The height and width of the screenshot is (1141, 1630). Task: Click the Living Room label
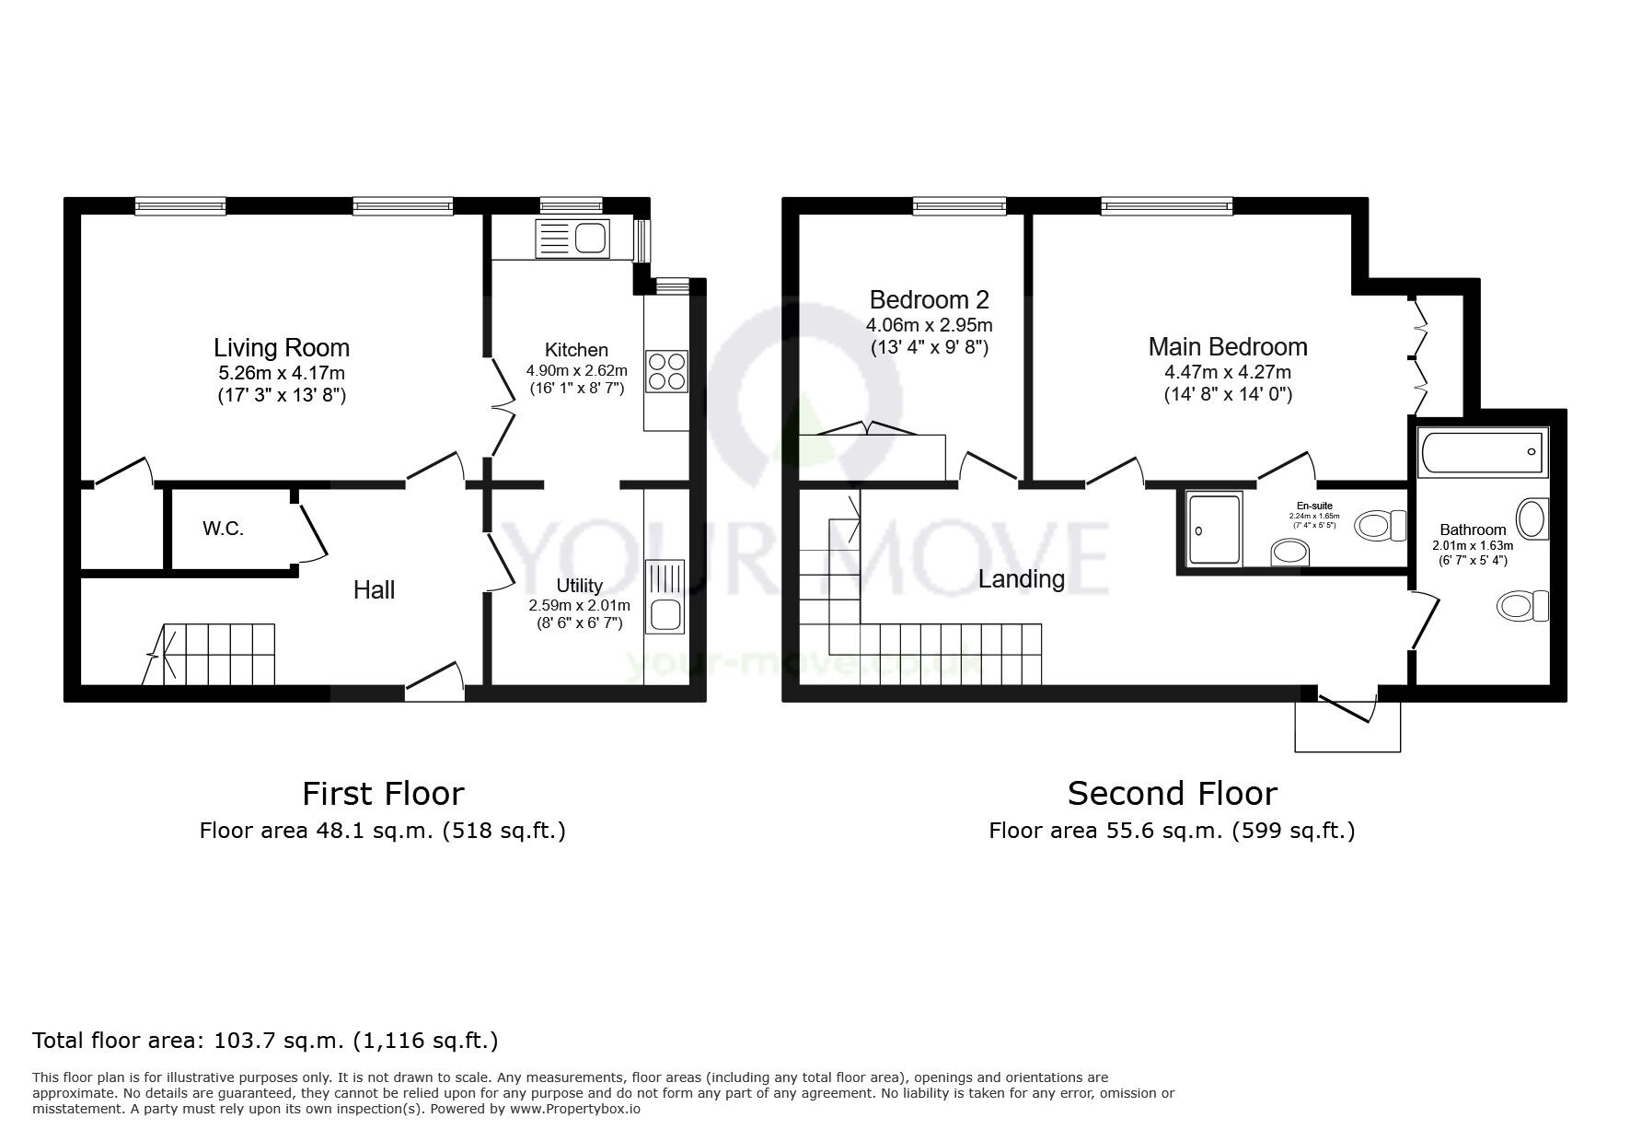(281, 348)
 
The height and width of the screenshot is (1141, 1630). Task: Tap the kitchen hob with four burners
(666, 371)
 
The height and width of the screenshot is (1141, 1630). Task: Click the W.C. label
(223, 529)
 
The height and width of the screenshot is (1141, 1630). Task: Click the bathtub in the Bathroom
(1482, 453)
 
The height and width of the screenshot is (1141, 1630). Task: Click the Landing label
(1021, 579)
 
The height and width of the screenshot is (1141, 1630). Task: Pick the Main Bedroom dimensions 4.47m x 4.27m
(1228, 372)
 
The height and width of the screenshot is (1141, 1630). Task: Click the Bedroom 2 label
(929, 300)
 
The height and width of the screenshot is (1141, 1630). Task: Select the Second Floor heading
(1172, 793)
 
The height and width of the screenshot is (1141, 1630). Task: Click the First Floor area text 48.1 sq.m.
(382, 831)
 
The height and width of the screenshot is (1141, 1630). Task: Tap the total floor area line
(265, 1041)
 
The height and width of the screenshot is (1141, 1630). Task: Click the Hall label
(374, 589)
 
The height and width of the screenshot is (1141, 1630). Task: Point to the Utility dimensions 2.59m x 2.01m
(579, 605)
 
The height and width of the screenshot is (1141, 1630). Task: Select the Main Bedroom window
(1166, 206)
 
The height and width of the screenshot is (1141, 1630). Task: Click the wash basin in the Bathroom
(1532, 518)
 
